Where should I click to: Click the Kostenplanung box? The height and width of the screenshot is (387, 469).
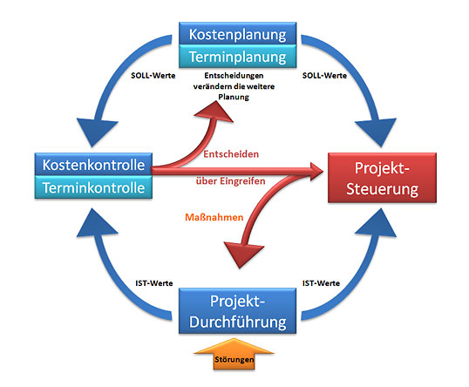[x=237, y=34]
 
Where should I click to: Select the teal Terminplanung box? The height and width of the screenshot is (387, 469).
[x=237, y=57]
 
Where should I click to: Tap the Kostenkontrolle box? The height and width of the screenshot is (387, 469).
[x=93, y=165]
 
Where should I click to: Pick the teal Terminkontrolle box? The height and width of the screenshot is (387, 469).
[x=93, y=187]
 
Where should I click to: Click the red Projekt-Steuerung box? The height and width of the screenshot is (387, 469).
[x=382, y=178]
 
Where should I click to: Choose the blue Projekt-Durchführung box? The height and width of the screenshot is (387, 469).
[x=237, y=311]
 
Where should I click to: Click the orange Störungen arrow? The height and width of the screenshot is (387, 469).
[x=234, y=354]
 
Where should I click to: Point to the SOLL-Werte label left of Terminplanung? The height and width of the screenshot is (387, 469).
[x=153, y=75]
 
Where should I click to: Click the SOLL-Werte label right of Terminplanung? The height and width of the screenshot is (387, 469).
[x=324, y=75]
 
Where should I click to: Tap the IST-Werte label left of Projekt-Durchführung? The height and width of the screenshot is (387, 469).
[x=154, y=283]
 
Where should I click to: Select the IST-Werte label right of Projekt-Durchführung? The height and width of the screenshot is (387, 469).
[x=321, y=283]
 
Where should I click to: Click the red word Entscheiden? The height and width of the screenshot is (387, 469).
[x=231, y=154]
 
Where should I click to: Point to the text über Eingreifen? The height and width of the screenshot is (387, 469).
[x=231, y=181]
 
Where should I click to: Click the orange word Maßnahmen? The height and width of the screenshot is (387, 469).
[x=214, y=217]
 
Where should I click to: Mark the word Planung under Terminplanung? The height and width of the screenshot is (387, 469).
[x=234, y=97]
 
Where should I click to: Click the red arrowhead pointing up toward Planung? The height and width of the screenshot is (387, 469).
[x=215, y=112]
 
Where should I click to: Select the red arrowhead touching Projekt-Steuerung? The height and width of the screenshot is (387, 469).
[x=316, y=172]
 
